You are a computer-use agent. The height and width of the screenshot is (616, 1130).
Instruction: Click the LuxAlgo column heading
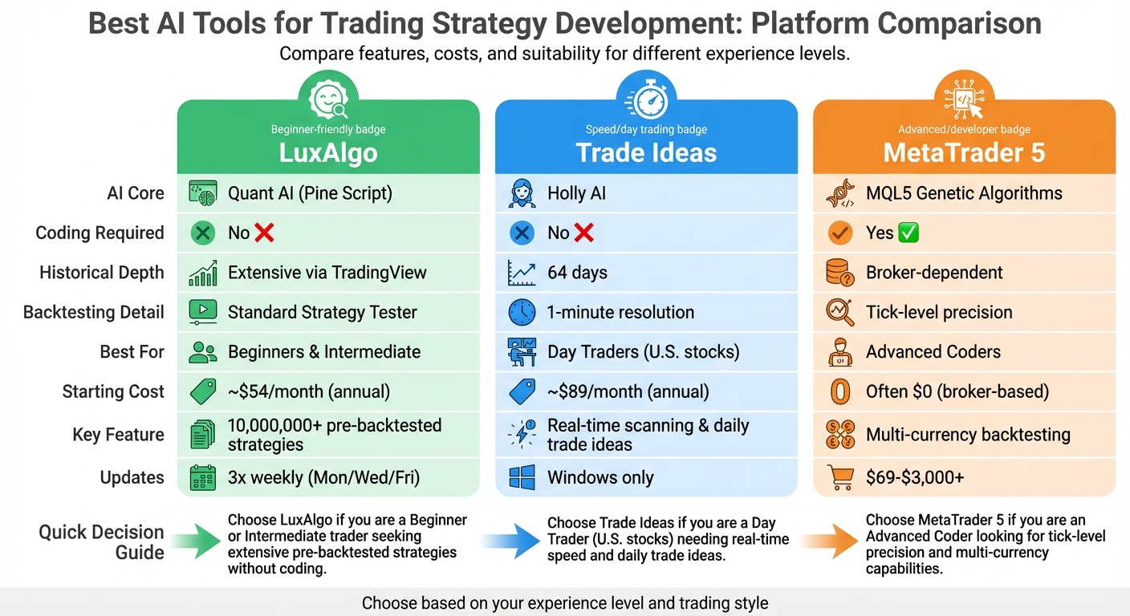(327, 152)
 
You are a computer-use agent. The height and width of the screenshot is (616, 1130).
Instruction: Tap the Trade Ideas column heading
(646, 152)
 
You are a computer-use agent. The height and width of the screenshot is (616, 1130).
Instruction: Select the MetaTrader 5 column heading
(964, 152)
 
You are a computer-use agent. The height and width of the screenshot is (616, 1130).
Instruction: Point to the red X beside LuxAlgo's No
(264, 233)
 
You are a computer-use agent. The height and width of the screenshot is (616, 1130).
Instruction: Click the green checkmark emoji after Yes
(909, 233)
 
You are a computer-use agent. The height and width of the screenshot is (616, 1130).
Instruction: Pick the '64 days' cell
(577, 273)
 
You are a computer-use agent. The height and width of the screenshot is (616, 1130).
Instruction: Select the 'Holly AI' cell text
(577, 193)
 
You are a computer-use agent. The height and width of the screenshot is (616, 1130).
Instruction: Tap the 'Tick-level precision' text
(939, 312)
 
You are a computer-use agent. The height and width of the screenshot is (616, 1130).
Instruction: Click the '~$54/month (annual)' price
(309, 391)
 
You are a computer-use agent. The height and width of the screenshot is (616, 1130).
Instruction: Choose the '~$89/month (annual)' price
(628, 391)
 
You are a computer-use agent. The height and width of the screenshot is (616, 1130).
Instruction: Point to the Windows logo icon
(522, 477)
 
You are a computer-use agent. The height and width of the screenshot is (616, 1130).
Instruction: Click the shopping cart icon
(840, 477)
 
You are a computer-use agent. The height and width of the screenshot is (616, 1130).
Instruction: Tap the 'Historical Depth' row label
(102, 273)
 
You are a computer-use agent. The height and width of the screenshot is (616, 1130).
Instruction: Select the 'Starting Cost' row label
(113, 391)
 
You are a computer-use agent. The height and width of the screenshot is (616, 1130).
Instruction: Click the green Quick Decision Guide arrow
(194, 543)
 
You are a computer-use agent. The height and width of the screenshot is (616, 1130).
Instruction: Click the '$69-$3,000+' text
(915, 477)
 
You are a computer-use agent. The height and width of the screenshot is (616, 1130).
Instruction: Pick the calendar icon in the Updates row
(202, 477)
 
